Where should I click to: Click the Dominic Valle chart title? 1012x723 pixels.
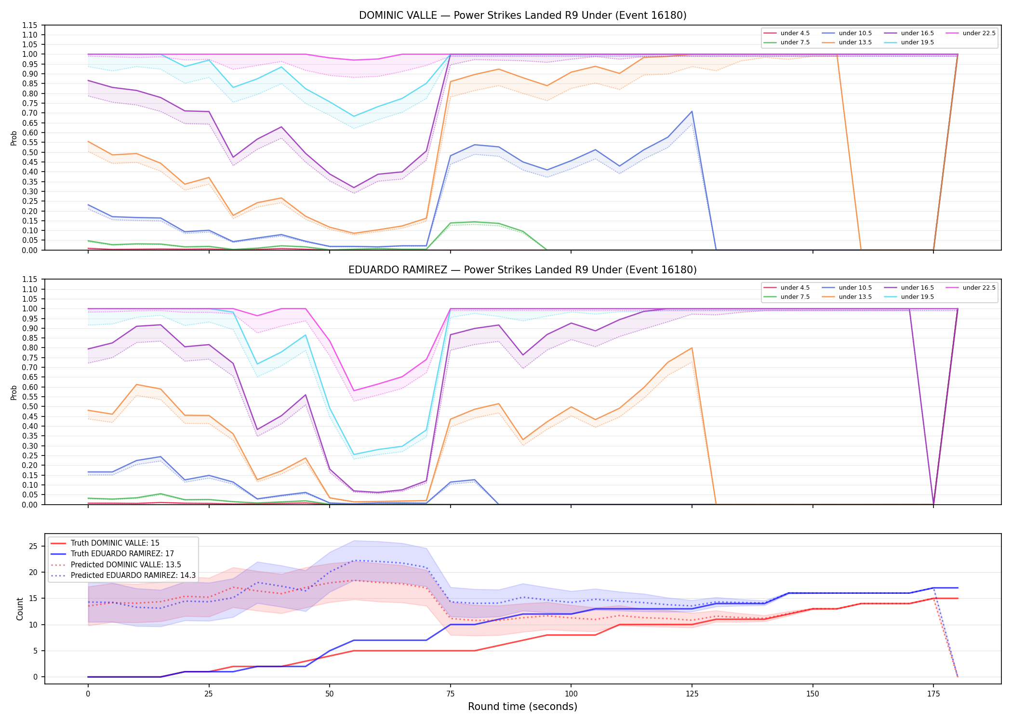(522, 15)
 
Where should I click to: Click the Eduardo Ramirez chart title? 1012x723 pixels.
(522, 270)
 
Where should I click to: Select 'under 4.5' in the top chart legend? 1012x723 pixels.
(795, 33)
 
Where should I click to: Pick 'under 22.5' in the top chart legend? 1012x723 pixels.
(979, 33)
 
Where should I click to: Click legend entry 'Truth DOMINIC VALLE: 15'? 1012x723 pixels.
(115, 543)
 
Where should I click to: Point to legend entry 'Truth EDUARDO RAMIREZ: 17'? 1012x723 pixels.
(122, 554)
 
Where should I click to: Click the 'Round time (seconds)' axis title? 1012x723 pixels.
(522, 707)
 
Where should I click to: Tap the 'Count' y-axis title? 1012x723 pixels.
(20, 609)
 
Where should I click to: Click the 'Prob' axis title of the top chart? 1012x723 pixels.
(14, 138)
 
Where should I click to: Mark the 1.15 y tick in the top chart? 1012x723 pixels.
(30, 25)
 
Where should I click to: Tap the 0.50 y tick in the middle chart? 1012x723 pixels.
(30, 406)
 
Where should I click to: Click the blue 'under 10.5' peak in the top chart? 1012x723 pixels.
(692, 111)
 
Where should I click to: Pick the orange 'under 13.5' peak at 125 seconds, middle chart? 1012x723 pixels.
(692, 348)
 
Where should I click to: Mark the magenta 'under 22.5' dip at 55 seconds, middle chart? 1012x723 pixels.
(354, 391)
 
